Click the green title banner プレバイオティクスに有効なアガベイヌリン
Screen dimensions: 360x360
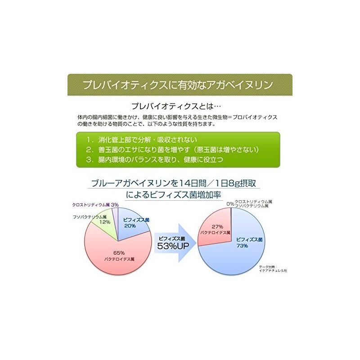point(180,85)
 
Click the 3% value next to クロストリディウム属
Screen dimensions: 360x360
point(115,204)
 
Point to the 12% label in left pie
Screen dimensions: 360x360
point(105,222)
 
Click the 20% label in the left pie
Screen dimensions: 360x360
point(130,226)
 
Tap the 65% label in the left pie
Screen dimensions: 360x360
point(117,254)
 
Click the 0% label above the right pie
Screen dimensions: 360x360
point(230,204)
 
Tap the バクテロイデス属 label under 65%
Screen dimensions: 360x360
point(117,260)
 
